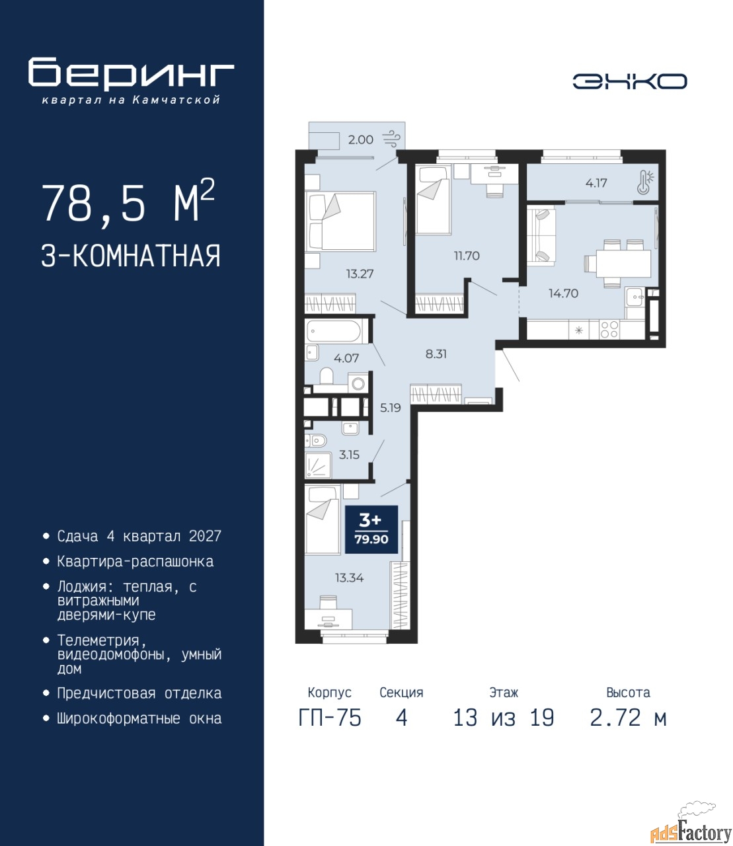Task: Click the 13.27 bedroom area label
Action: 360,274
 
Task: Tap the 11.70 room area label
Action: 467,256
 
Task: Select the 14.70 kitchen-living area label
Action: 564,293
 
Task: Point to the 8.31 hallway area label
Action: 436,354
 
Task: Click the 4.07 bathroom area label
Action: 346,358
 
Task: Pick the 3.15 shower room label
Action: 349,454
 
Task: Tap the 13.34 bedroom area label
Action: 349,578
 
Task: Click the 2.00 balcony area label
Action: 361,139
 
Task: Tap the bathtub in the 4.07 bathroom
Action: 334,332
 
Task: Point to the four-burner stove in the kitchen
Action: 609,330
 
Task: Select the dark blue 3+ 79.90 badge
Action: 371,529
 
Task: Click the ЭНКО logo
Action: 629,81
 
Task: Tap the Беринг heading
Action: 131,73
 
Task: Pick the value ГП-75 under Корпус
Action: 330,718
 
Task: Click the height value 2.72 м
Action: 628,718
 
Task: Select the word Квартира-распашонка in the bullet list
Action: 135,561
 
